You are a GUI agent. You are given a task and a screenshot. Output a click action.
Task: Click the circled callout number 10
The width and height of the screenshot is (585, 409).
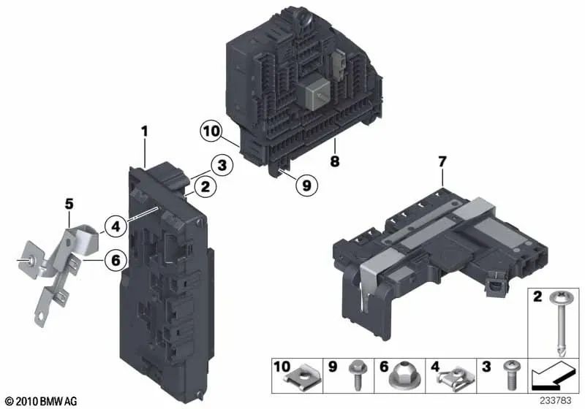(211, 131)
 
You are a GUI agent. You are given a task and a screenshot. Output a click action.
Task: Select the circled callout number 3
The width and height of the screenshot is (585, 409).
(222, 165)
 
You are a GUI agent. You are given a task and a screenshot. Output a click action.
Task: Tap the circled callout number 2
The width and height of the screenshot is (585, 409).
(205, 187)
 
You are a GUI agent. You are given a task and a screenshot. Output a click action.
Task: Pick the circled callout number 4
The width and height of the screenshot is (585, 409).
(116, 226)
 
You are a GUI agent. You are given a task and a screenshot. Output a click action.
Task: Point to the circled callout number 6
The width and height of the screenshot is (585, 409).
(116, 259)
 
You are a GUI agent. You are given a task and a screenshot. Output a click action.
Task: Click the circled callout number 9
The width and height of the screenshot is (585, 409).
(306, 185)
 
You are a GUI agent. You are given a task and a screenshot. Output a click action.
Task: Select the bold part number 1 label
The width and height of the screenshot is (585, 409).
(145, 131)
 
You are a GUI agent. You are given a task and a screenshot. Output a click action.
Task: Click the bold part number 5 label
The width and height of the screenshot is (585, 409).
(69, 204)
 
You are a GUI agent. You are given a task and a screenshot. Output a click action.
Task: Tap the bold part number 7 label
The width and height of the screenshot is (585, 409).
(442, 161)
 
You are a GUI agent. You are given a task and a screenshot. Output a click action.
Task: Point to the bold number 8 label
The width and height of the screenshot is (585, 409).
(335, 161)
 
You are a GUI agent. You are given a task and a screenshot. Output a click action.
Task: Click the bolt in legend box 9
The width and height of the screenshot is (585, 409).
(356, 375)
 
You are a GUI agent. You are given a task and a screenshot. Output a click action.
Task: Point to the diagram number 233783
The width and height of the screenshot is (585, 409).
(556, 401)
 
